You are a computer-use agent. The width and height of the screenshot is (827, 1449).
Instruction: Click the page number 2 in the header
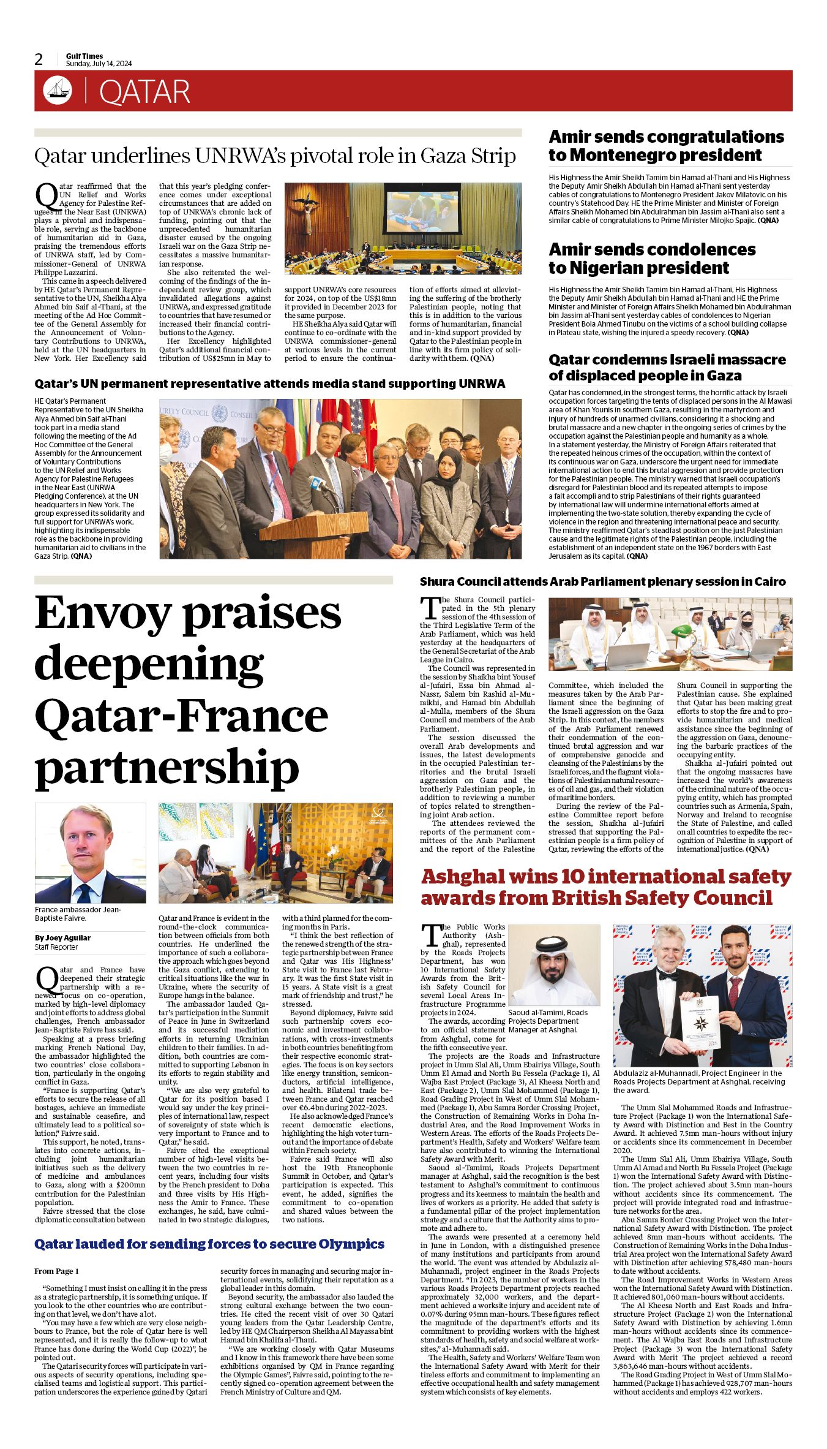coord(39,59)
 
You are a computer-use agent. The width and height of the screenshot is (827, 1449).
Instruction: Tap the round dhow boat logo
coord(57,91)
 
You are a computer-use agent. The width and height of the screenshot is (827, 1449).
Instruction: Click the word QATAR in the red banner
coord(144,92)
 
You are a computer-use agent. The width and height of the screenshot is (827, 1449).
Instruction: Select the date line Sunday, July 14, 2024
coord(99,64)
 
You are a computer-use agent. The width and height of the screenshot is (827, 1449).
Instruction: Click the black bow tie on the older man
coord(668,975)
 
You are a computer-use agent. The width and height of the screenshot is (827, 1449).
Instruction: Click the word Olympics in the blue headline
coord(347,1244)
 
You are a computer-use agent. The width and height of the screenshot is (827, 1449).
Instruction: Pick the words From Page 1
coord(56,1271)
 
